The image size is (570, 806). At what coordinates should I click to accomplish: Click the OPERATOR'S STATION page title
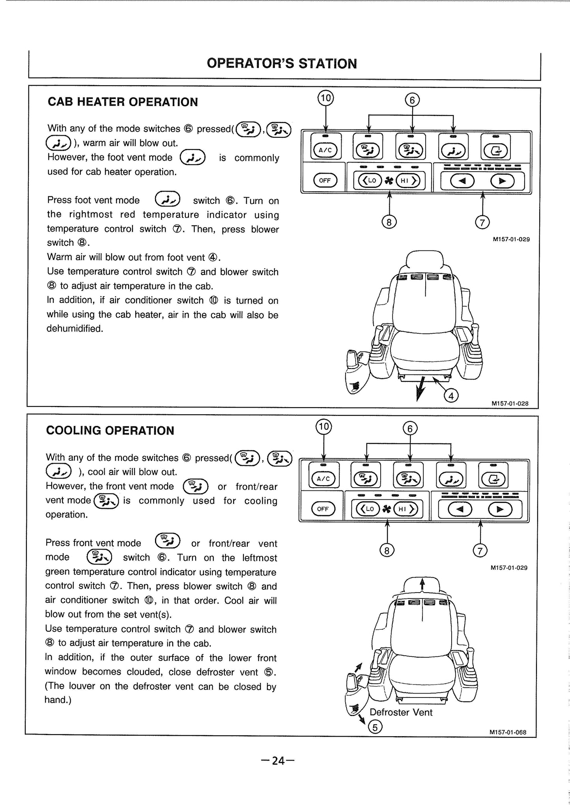(282, 64)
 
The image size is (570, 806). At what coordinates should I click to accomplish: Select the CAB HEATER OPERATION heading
(123, 102)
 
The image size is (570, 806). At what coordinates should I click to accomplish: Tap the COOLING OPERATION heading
(110, 430)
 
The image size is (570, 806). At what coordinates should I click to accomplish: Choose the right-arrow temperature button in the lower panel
(500, 510)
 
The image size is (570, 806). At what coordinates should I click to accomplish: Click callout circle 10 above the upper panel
(326, 98)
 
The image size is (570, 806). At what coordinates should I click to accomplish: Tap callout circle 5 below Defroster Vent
(375, 727)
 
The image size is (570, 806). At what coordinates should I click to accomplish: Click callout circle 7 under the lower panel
(480, 551)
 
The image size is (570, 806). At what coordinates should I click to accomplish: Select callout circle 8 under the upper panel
(389, 223)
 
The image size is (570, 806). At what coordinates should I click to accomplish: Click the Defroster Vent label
(401, 712)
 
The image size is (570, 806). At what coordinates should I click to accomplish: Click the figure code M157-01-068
(508, 732)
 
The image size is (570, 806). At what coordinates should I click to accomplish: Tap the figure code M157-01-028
(510, 403)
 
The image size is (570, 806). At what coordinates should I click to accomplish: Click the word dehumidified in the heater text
(75, 329)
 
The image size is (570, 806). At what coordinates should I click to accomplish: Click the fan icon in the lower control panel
(387, 509)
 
